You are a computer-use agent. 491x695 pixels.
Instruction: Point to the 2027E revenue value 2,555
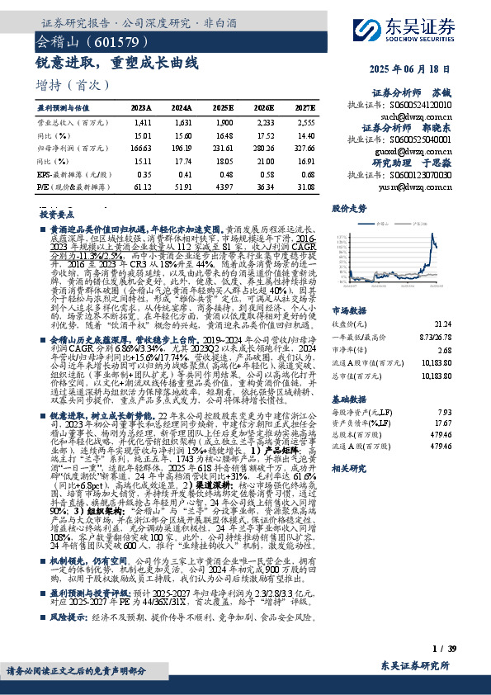[305, 121]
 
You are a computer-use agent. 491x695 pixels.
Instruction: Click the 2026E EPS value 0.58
[265, 175]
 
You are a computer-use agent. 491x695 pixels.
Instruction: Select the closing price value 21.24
[441, 303]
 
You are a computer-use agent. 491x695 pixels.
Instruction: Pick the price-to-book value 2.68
[444, 326]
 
